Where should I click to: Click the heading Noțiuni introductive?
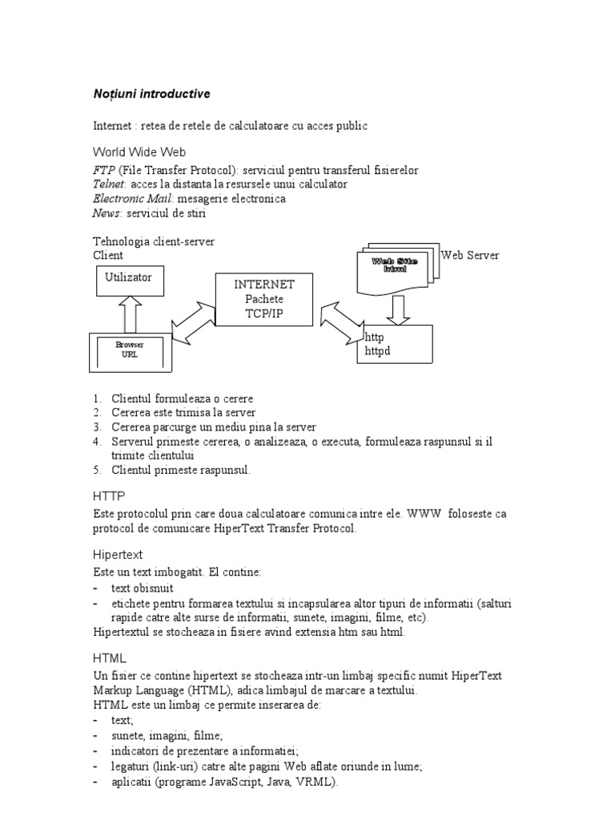click(151, 95)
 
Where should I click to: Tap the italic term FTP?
click(104, 171)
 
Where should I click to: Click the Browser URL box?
click(129, 350)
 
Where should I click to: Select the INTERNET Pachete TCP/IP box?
click(264, 299)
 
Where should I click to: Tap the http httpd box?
click(394, 344)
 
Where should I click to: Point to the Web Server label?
click(470, 256)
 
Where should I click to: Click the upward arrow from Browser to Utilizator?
click(129, 316)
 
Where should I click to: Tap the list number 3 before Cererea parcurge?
click(97, 427)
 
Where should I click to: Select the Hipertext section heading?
click(118, 555)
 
